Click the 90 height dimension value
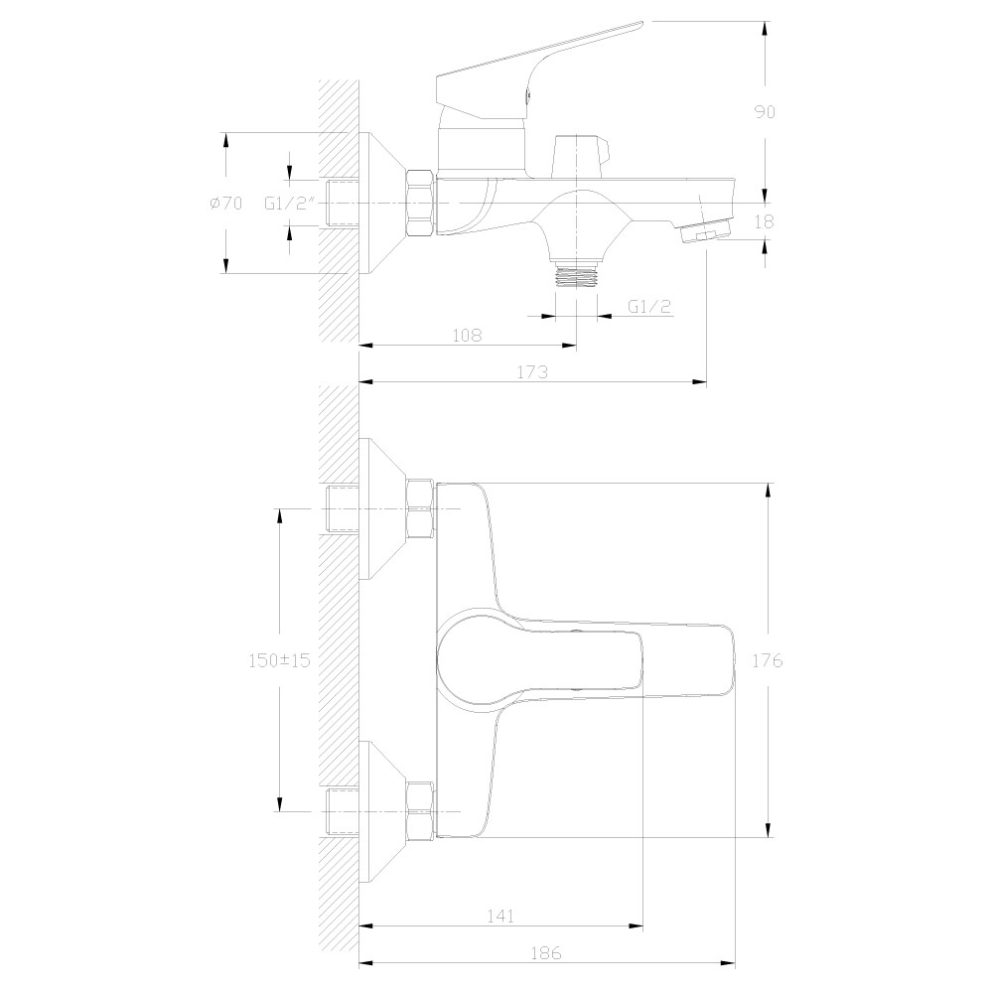[x=765, y=112]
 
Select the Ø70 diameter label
[x=226, y=204]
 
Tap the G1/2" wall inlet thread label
[x=290, y=204]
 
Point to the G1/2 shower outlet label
[x=649, y=307]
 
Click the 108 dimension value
[x=467, y=335]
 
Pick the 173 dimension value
[x=532, y=371]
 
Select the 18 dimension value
[x=765, y=221]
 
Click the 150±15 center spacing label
[x=279, y=660]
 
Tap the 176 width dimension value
[x=768, y=660]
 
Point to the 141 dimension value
[x=500, y=916]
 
